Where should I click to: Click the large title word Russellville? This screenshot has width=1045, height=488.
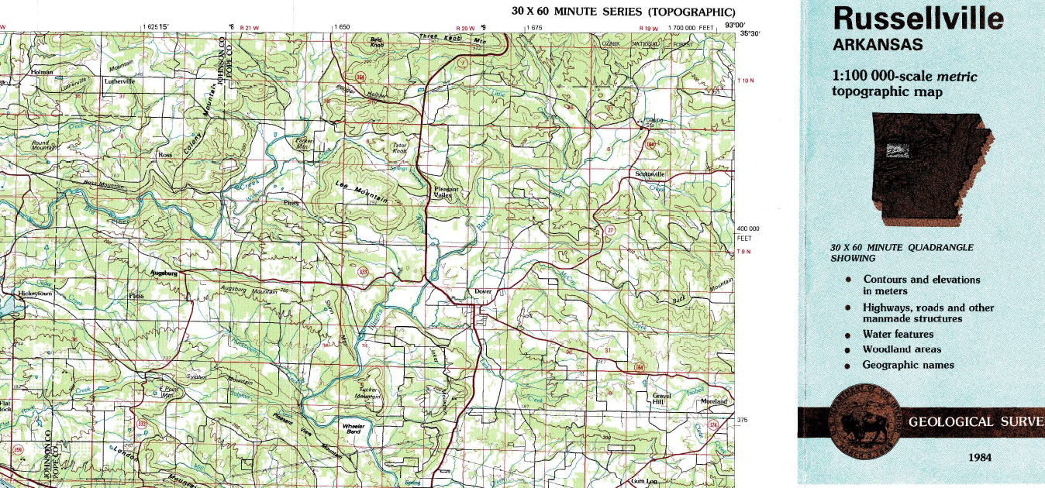[918, 18]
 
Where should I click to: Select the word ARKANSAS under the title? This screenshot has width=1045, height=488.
[878, 45]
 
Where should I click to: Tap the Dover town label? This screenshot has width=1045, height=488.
[484, 292]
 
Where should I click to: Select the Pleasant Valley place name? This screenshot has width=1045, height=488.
[447, 192]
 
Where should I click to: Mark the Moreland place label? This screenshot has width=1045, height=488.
[713, 402]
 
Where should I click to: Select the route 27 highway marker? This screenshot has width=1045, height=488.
[610, 229]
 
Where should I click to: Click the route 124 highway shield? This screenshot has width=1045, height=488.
[714, 424]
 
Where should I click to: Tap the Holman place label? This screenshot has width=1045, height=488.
[41, 72]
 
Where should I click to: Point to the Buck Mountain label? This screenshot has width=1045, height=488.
[679, 298]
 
